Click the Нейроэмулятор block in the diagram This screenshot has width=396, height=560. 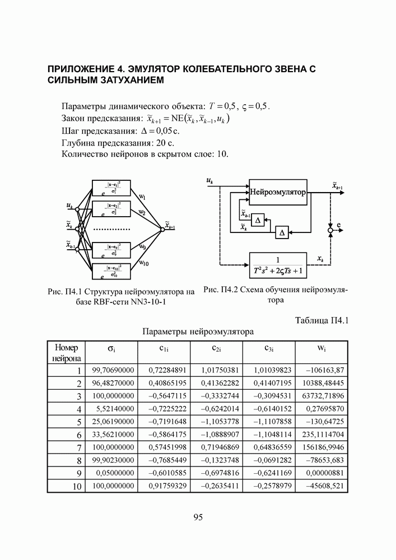click(277, 192)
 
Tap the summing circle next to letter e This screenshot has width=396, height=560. click(331, 230)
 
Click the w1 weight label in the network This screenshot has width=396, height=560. click(142, 197)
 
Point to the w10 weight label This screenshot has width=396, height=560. click(143, 263)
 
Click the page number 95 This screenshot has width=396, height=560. click(198, 517)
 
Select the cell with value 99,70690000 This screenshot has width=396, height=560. click(111, 370)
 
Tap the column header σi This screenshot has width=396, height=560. click(111, 349)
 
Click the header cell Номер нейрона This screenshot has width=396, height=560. click(67, 352)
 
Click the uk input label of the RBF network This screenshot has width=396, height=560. click(69, 207)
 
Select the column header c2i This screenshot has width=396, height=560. click(216, 348)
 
